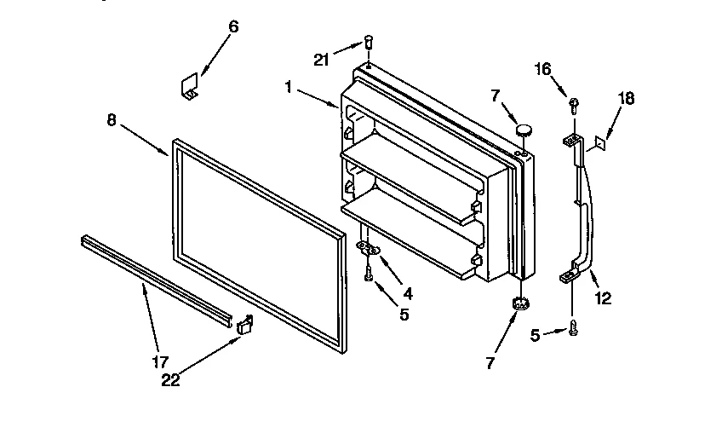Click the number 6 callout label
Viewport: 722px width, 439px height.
pos(234,26)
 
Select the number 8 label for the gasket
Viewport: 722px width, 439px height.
pos(112,121)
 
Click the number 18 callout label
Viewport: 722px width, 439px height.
pos(626,99)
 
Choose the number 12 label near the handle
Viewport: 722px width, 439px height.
pos(603,298)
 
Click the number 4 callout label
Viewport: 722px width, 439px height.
pos(408,293)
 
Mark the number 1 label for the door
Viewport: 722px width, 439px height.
pos(289,86)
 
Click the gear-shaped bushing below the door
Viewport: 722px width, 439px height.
pos(519,303)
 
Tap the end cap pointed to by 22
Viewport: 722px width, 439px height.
pos(246,324)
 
